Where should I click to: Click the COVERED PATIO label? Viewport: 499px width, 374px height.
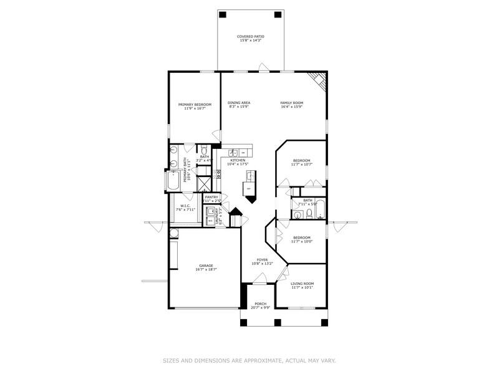pyautogui.click(x=250, y=37)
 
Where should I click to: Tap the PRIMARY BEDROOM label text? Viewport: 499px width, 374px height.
pyautogui.click(x=195, y=104)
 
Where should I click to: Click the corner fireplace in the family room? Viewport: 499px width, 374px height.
pyautogui.click(x=319, y=80)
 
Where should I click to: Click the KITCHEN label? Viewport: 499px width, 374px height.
pyautogui.click(x=238, y=160)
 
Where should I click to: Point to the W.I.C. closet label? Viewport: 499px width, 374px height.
pyautogui.click(x=185, y=206)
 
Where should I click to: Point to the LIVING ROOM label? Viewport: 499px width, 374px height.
pyautogui.click(x=303, y=284)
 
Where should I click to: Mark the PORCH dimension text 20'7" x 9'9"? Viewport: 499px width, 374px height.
pyautogui.click(x=260, y=307)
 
